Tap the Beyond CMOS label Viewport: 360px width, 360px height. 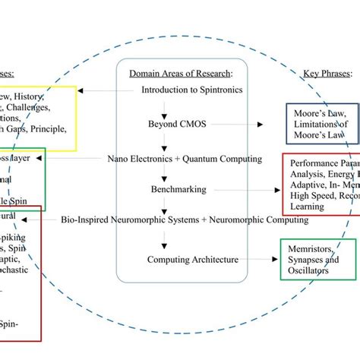coord(173,122)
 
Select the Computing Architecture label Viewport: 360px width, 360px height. coord(194,260)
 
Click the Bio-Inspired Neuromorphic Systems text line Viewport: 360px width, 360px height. coord(185,219)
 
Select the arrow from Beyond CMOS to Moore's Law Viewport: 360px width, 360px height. coord(245,122)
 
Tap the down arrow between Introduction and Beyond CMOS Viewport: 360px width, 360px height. coord(162,106)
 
